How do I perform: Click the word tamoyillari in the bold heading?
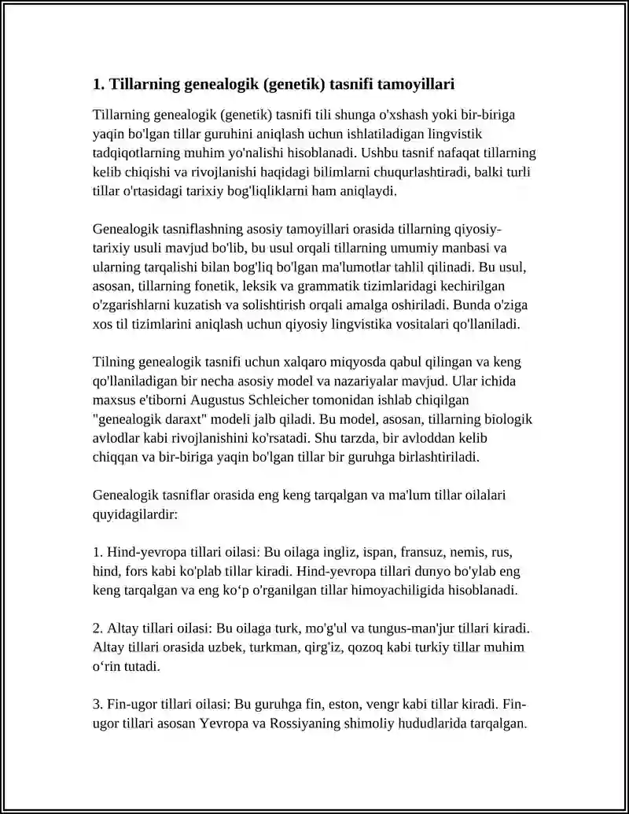click(x=416, y=83)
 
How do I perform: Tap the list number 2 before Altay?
click(x=97, y=629)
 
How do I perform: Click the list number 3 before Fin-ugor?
click(x=97, y=703)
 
